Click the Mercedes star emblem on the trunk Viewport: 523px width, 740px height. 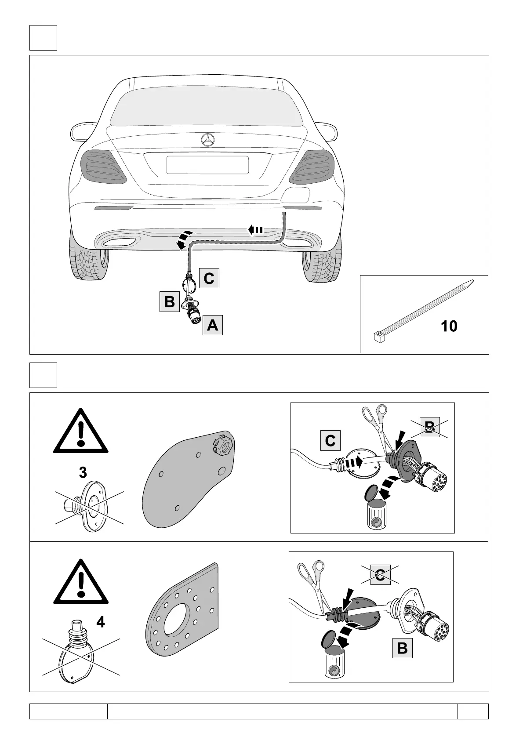coord(207,140)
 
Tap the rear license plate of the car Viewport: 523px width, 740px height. coord(207,165)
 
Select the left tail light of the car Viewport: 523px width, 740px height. coord(103,166)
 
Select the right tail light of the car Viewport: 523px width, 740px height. coord(312,166)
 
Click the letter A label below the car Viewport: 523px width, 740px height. coord(212,325)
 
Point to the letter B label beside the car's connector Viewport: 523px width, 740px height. coord(169,302)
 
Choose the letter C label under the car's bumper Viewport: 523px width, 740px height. coord(209,278)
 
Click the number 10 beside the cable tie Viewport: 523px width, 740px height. coord(449,326)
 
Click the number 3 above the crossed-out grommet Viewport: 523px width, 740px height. coord(82,473)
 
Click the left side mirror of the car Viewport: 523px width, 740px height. coord(81,131)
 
